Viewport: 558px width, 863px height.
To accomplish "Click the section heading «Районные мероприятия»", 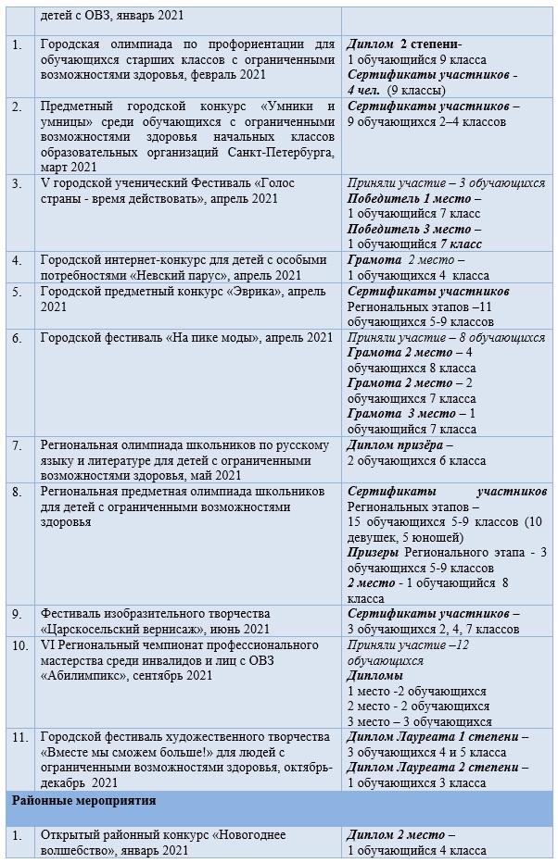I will [83, 799].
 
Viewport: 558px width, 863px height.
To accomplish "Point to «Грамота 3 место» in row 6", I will [401, 413].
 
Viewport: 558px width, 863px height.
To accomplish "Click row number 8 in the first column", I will [17, 491].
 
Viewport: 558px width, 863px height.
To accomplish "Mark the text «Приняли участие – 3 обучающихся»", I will [446, 182].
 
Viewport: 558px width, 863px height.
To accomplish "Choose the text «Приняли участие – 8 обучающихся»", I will [446, 337].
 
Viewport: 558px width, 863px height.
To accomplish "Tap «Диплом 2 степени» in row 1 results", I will [402, 44].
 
